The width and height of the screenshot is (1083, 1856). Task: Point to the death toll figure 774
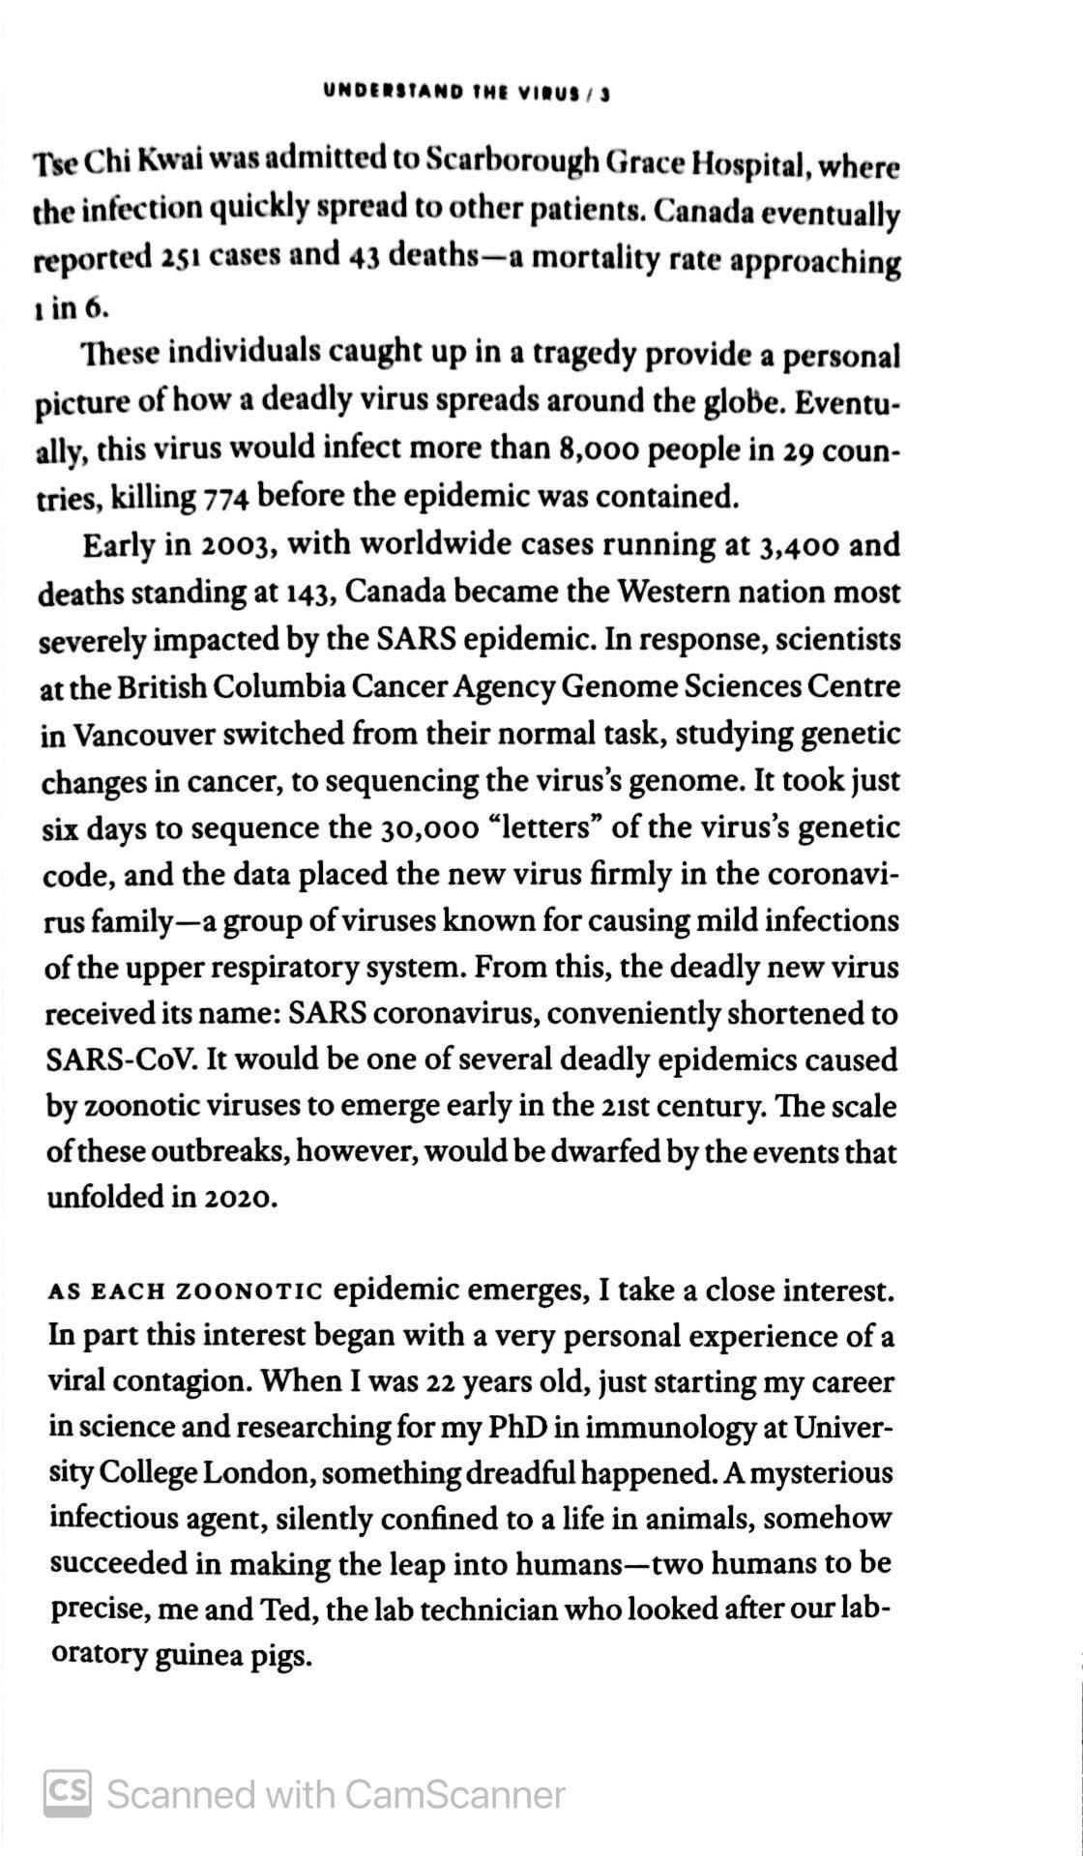pos(227,498)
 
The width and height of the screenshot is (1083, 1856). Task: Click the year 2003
pos(238,546)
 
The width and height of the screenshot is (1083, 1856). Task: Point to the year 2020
pos(240,1198)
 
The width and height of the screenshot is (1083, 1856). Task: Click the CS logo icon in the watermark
pos(68,1793)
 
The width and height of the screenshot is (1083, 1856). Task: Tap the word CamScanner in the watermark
pos(454,1794)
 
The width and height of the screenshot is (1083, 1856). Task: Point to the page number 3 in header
pos(604,94)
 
